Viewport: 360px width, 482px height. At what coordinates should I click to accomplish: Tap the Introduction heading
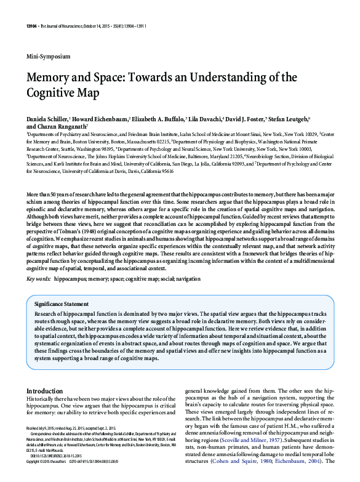[x=48, y=390]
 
